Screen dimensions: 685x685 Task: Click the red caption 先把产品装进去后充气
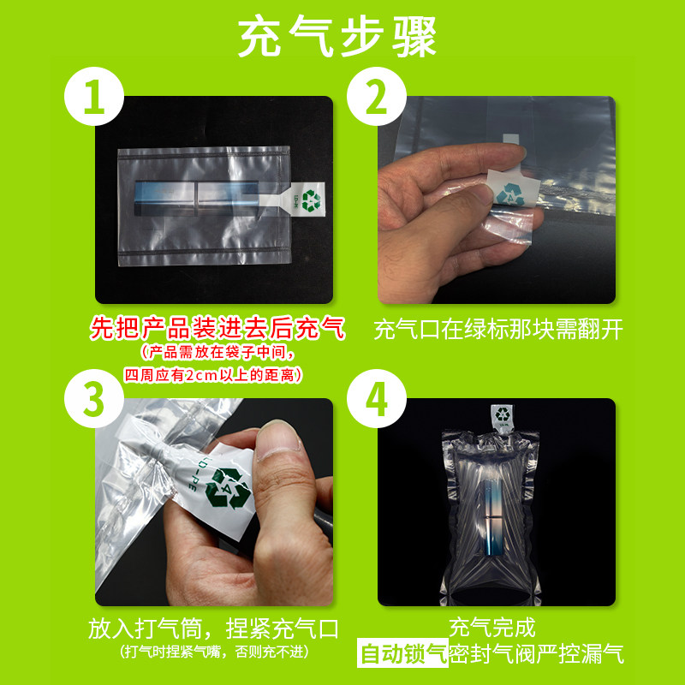217,329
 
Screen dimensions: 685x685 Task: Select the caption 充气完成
497,628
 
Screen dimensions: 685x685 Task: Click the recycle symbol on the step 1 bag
310,201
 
